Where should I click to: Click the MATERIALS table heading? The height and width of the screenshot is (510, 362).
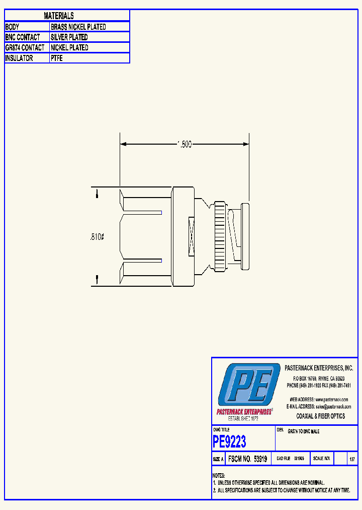[x=59, y=16]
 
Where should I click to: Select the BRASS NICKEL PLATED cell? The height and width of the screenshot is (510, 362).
[x=78, y=27]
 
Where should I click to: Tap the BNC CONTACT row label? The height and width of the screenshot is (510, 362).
[x=22, y=37]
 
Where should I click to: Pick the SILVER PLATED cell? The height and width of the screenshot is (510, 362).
[x=69, y=37]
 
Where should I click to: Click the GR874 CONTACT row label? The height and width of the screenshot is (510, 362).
[x=25, y=47]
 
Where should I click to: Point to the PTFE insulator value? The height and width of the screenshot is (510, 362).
[x=56, y=58]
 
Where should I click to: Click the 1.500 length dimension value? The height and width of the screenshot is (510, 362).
[x=185, y=144]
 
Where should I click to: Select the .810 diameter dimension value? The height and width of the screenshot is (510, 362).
[x=97, y=236]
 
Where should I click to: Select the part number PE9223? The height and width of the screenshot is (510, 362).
[x=230, y=442]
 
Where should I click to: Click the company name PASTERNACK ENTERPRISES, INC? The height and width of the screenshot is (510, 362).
[x=319, y=368]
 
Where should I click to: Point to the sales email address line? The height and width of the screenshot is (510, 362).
[x=319, y=406]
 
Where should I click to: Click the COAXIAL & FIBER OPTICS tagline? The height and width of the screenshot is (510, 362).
[x=321, y=416]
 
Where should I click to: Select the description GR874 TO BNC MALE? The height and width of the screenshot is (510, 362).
[x=303, y=432]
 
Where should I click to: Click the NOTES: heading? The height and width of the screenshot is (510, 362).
[x=219, y=476]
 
